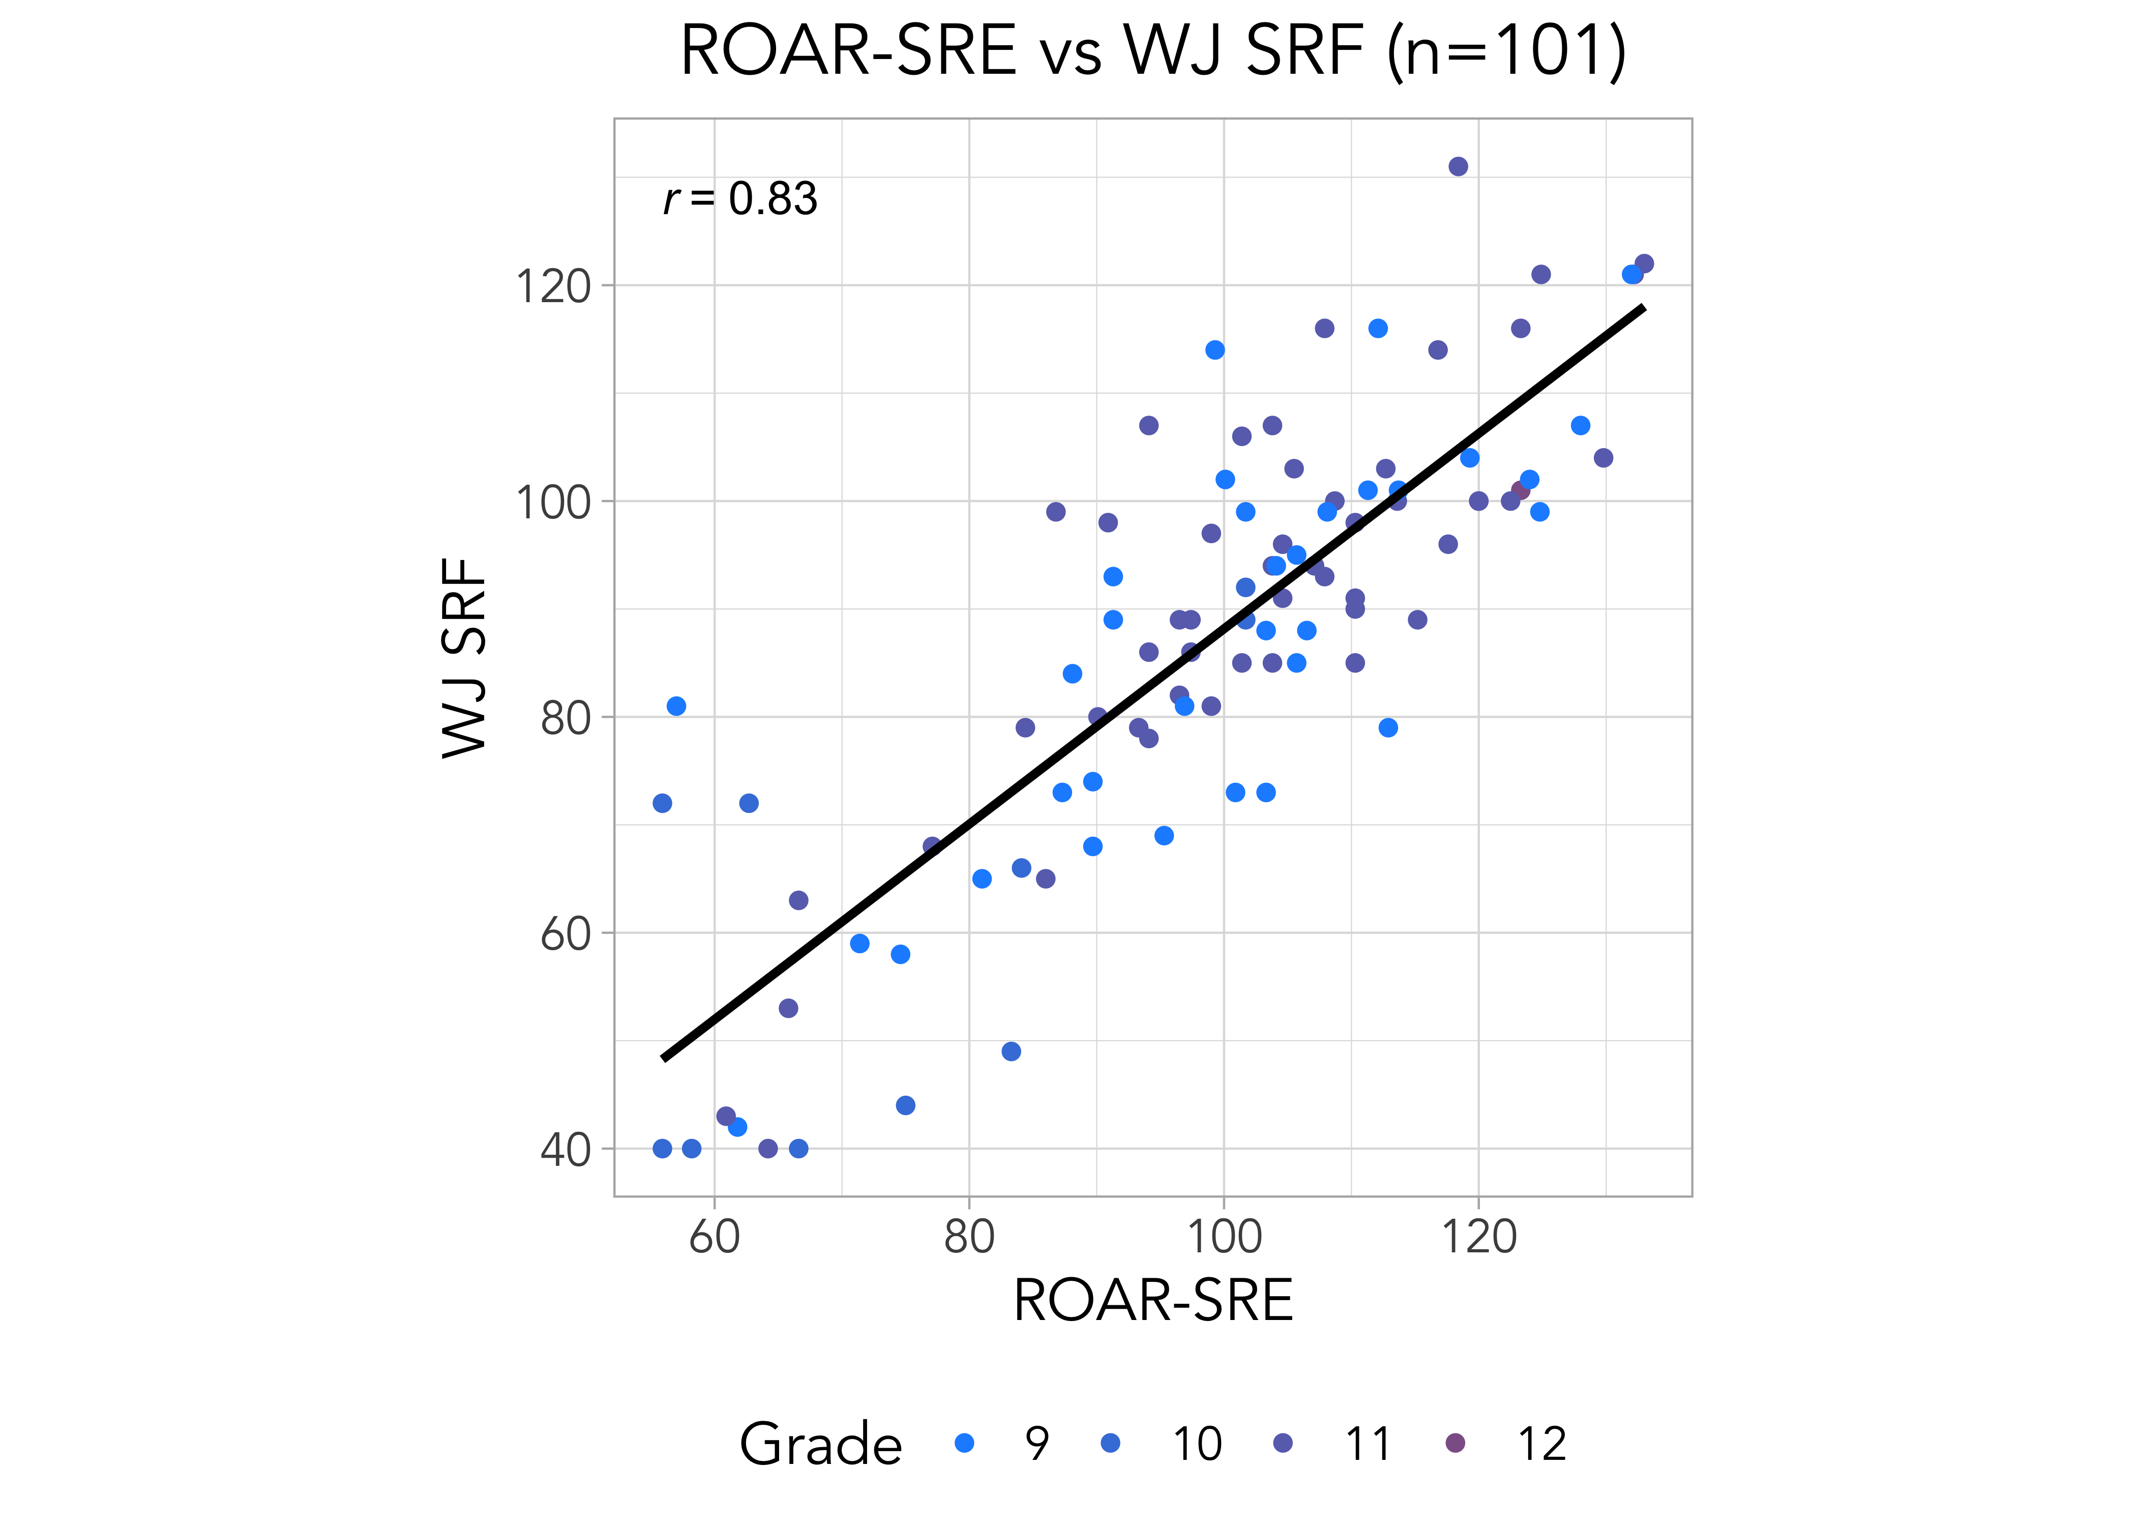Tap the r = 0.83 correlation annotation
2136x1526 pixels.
tap(740, 199)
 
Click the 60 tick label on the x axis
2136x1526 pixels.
tap(715, 1237)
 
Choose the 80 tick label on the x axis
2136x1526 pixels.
tap(969, 1237)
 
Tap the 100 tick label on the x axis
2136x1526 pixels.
tap(1224, 1237)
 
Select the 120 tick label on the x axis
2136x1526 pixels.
tap(1478, 1237)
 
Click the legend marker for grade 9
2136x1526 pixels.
tap(964, 1443)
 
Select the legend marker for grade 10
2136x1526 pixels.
tap(1111, 1443)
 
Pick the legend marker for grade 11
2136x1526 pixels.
tap(1283, 1443)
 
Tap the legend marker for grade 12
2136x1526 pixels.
tap(1455, 1443)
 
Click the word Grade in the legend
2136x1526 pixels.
tap(820, 1444)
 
